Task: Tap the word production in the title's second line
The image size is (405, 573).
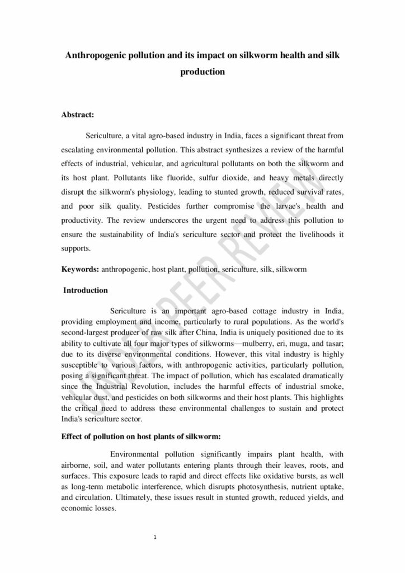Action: click(202, 72)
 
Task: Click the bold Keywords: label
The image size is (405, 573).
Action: click(80, 269)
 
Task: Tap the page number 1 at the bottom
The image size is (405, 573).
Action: click(154, 538)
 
